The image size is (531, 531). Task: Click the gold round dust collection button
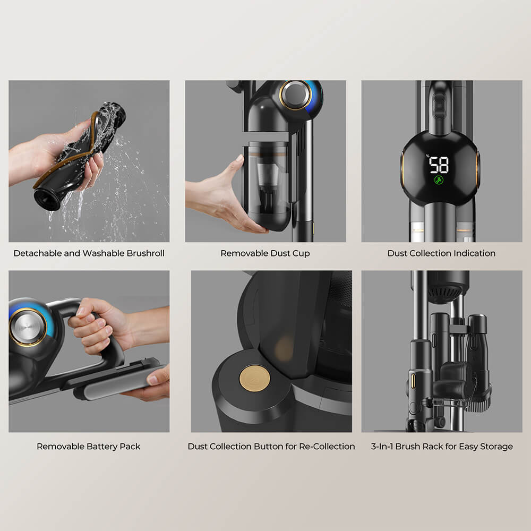(254, 378)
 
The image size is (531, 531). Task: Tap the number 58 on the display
(439, 165)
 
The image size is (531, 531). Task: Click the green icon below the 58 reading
(439, 180)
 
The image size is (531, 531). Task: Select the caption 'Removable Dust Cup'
(265, 253)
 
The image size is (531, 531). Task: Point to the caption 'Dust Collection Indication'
(441, 253)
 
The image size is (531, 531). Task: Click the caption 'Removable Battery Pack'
(89, 447)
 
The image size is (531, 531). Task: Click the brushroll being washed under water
(80, 154)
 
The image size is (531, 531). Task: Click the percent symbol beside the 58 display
(426, 156)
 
